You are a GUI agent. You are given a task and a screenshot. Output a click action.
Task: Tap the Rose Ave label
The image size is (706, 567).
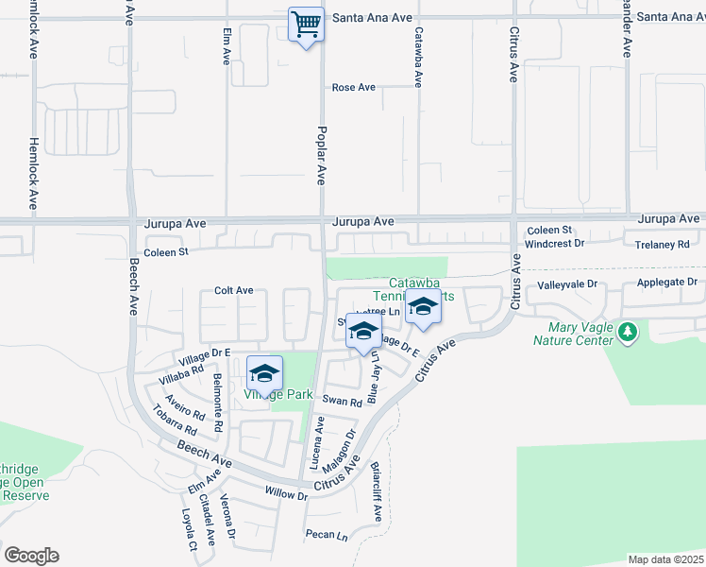tap(354, 88)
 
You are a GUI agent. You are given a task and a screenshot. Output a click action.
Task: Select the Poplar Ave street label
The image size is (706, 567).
tap(322, 155)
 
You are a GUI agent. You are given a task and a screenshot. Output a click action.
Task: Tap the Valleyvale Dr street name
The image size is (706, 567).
tap(568, 283)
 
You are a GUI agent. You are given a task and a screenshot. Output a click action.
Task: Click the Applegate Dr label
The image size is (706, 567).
tap(665, 283)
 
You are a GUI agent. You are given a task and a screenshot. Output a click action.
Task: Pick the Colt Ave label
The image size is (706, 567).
tap(234, 290)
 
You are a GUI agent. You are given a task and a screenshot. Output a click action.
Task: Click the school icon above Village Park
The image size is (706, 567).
tap(265, 371)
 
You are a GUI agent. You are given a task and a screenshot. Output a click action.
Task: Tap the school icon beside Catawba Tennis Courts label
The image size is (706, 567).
tap(424, 309)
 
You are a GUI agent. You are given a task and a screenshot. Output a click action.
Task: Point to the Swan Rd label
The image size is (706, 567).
tap(343, 402)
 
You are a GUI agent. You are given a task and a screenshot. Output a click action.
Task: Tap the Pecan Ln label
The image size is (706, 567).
tap(327, 535)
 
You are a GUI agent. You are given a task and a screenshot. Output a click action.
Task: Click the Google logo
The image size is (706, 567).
tap(31, 556)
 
